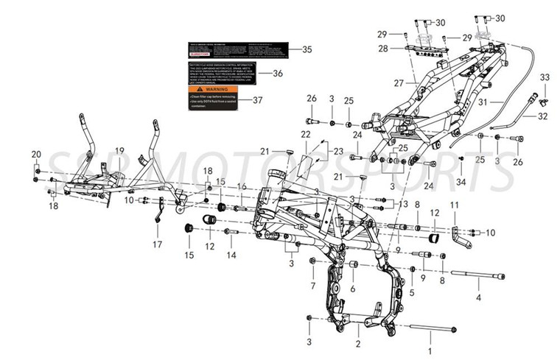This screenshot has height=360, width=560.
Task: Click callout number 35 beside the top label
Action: click(x=307, y=50)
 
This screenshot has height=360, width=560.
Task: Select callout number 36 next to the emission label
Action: click(x=278, y=74)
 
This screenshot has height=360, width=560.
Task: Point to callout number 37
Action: click(x=257, y=100)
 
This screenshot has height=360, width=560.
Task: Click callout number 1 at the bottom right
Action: click(x=431, y=343)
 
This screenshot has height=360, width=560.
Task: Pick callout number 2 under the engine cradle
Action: click(x=357, y=344)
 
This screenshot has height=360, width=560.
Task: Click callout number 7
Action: click(x=312, y=286)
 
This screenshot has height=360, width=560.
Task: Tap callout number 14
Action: click(x=231, y=255)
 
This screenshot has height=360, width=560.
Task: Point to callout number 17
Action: click(x=157, y=244)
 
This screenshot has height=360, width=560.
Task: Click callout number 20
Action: click(x=35, y=154)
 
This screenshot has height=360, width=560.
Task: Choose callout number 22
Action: click(x=306, y=134)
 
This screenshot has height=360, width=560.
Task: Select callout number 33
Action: click(x=545, y=77)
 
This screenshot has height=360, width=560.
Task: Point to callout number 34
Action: click(x=461, y=181)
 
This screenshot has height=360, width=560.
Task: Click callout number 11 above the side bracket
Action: click(x=454, y=205)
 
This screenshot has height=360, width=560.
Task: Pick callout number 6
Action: click(x=353, y=289)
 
